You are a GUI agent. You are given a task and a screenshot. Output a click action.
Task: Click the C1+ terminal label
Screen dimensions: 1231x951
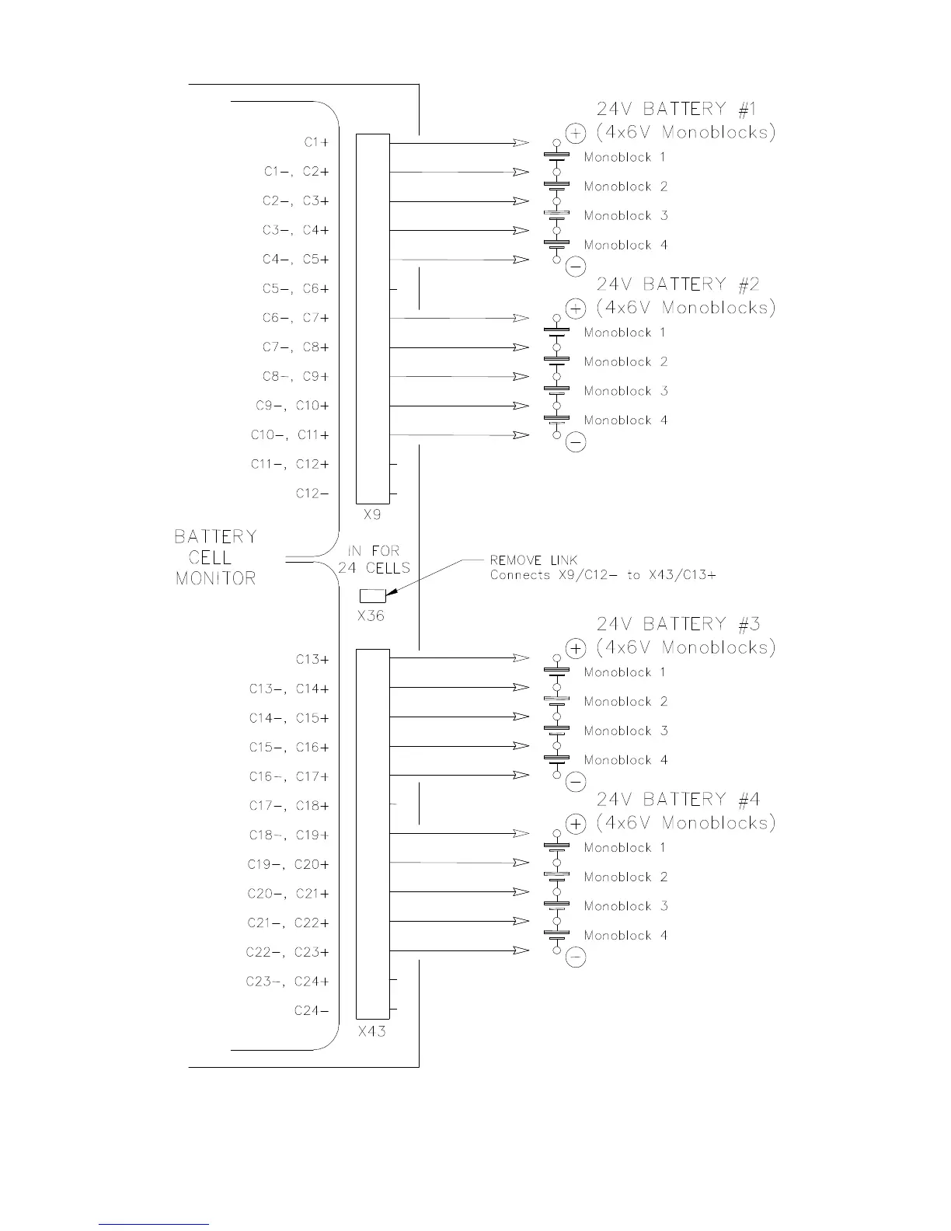click(x=316, y=142)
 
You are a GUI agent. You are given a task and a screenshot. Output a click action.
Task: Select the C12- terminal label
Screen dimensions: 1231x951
click(x=312, y=493)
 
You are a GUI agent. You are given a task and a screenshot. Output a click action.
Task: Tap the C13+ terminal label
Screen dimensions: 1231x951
click(x=312, y=659)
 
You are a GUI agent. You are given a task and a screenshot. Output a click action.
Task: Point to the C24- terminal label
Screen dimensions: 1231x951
click(x=312, y=1010)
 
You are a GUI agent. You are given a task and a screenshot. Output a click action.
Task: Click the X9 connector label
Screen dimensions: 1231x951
click(x=372, y=514)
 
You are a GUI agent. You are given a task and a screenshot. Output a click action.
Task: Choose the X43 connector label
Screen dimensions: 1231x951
click(x=372, y=1032)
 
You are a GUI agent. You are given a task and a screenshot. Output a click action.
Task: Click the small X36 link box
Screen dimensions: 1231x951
click(x=373, y=596)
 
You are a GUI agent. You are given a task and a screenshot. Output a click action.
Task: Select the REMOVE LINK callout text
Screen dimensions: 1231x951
click(x=534, y=560)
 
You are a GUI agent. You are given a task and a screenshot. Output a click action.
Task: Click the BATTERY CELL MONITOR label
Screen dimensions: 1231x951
click(x=215, y=557)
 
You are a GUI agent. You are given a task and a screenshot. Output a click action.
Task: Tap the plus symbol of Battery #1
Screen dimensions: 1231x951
click(x=576, y=134)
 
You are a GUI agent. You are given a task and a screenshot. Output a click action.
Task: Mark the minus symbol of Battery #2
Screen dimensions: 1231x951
click(x=576, y=443)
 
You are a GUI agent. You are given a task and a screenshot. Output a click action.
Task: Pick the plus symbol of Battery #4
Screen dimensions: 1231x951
click(x=576, y=824)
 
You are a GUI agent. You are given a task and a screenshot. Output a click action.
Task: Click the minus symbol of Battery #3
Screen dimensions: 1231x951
click(x=576, y=783)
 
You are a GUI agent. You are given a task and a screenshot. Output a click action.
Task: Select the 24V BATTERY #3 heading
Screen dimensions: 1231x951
click(x=678, y=623)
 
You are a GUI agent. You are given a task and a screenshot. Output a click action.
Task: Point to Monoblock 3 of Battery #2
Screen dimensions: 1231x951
click(x=625, y=391)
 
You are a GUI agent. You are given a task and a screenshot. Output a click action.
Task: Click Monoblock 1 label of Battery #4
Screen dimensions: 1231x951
click(x=625, y=848)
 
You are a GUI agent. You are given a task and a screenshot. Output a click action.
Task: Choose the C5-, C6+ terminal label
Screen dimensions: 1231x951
click(x=295, y=289)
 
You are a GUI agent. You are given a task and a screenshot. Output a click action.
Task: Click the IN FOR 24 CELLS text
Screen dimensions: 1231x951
click(x=374, y=560)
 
